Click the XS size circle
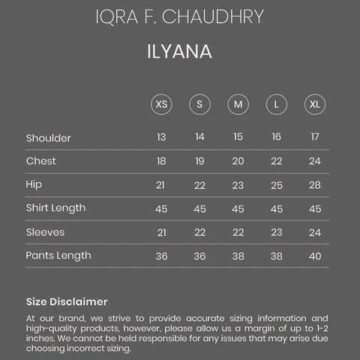161,103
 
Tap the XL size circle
314,103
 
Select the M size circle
238,103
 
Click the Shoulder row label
48,138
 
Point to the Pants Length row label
58,256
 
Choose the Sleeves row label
45,232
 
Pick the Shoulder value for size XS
161,137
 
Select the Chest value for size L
277,161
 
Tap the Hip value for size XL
314,185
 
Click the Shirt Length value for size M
238,208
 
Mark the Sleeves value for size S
199,232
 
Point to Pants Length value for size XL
314,256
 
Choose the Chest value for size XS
161,161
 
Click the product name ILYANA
179,53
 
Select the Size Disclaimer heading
67,301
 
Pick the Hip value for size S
199,185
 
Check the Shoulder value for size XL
314,137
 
